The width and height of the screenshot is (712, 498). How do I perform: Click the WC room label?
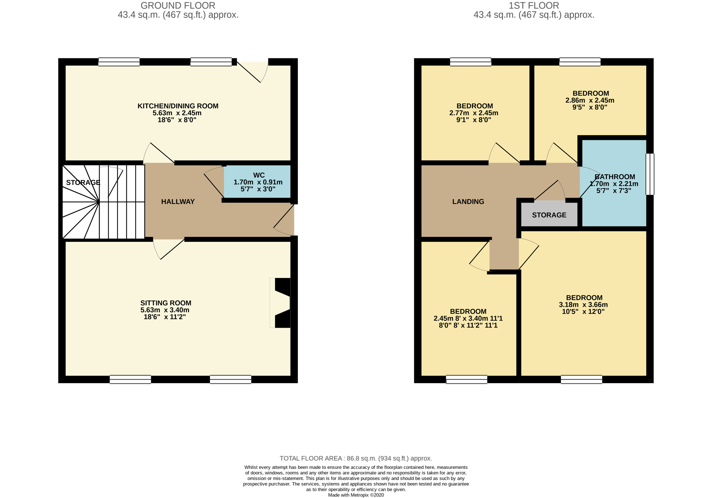pyautogui.click(x=259, y=175)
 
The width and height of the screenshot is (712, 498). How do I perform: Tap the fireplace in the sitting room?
pyautogui.click(x=281, y=303)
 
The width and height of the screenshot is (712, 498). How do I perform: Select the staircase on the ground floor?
pyautogui.click(x=104, y=202)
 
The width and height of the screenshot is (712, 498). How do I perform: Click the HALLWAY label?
pyautogui.click(x=178, y=201)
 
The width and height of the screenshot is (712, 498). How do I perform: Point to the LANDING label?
pyautogui.click(x=468, y=201)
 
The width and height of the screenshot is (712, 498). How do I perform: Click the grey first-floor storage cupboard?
pyautogui.click(x=549, y=214)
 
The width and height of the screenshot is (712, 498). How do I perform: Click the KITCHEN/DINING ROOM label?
pyautogui.click(x=178, y=106)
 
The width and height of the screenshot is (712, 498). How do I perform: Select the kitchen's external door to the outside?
pyautogui.click(x=252, y=71)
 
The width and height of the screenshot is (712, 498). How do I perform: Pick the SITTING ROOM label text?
pyautogui.click(x=166, y=303)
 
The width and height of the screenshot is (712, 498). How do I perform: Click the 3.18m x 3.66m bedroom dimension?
pyautogui.click(x=583, y=305)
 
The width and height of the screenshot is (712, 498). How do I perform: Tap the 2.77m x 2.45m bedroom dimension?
pyautogui.click(x=474, y=113)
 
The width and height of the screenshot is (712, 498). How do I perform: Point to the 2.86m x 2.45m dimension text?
pyautogui.click(x=590, y=101)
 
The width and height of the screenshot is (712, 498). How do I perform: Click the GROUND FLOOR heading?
pyautogui.click(x=178, y=6)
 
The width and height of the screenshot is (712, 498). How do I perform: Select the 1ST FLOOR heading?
pyautogui.click(x=534, y=6)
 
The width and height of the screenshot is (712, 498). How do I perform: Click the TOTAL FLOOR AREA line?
pyautogui.click(x=356, y=458)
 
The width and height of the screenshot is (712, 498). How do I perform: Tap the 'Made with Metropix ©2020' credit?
pyautogui.click(x=356, y=495)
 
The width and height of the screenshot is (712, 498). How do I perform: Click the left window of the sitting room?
pyautogui.click(x=130, y=379)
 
